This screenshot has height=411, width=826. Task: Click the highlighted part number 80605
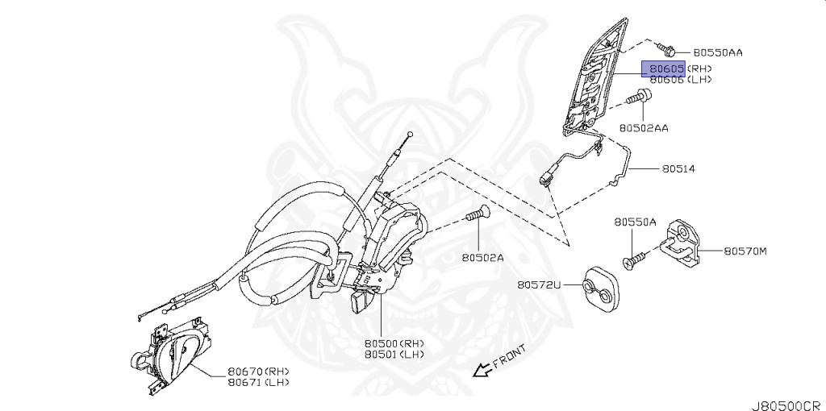point(663,68)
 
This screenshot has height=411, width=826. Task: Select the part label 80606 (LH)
point(681,81)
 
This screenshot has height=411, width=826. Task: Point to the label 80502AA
point(644,127)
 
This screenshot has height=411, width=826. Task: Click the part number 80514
point(678,169)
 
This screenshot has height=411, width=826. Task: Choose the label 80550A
point(635,222)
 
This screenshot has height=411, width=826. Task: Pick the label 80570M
point(745,251)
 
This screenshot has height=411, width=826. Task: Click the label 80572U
point(539,284)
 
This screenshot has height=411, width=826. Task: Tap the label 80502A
point(482,258)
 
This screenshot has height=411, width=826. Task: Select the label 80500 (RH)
point(393,342)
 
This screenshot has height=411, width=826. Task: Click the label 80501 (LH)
point(393,354)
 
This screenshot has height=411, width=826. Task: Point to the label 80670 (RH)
point(257,371)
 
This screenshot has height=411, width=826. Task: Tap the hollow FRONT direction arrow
point(482,371)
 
